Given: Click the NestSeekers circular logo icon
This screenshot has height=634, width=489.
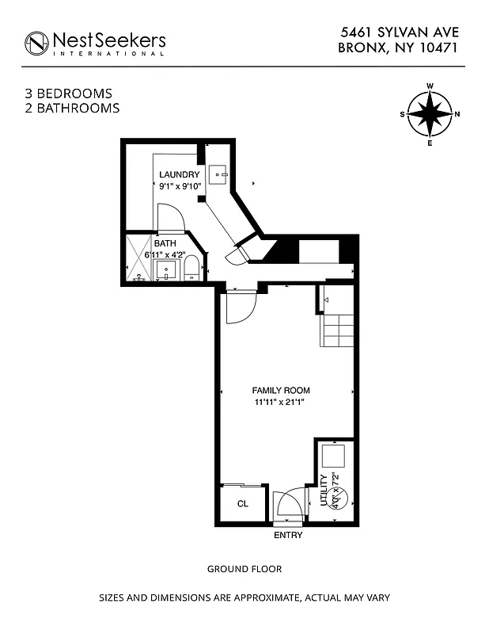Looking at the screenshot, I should coord(36,43).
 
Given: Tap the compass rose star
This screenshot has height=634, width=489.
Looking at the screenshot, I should coord(430,114).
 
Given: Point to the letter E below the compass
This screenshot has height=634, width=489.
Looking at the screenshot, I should coord(430,144).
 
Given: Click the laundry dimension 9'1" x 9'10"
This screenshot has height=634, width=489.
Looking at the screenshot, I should coord(180,185).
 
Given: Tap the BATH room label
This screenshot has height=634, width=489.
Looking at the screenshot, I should coord(165,243).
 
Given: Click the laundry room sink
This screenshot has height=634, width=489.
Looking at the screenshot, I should coord(219,173).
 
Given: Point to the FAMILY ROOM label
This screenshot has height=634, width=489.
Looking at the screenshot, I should coord(281,390).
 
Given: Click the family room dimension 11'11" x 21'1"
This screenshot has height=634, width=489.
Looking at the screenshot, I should coord(281,403).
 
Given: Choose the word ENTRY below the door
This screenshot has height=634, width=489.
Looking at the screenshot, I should coord(288,535).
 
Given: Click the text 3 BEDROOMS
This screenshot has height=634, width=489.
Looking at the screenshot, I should coord(68,94).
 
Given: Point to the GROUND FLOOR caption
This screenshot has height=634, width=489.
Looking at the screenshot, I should coord(244,569).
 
